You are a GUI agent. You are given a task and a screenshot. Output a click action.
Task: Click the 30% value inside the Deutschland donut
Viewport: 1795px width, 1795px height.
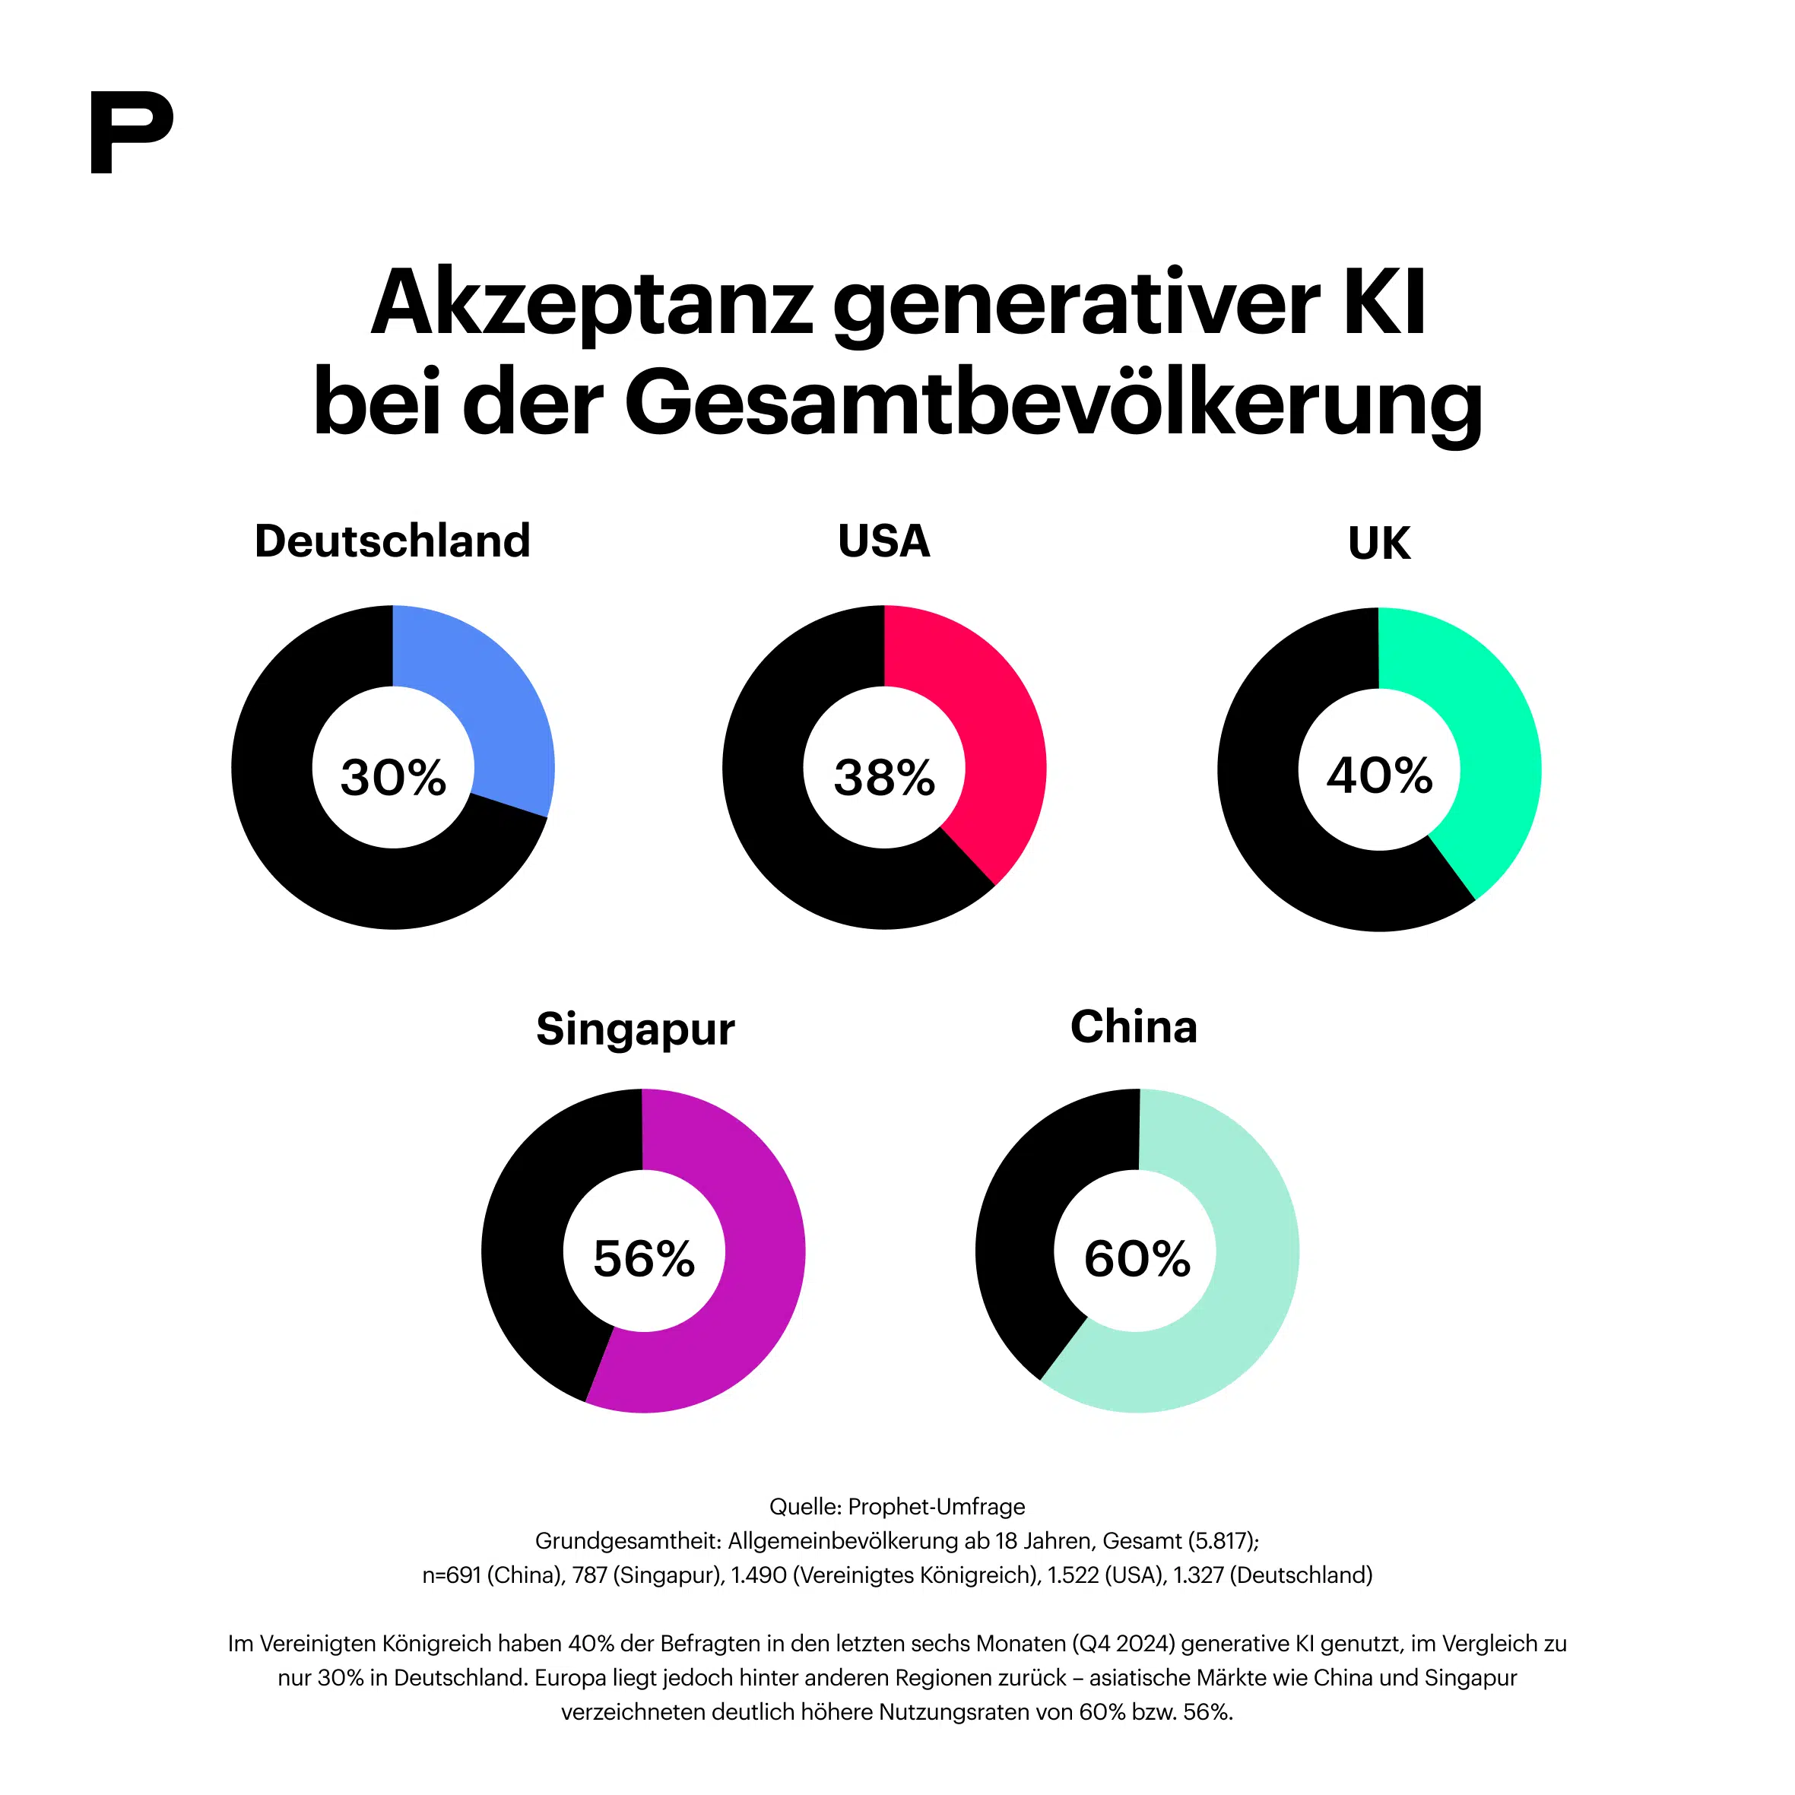tap(393, 778)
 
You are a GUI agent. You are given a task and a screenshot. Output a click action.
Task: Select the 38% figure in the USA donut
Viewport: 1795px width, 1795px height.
tap(883, 778)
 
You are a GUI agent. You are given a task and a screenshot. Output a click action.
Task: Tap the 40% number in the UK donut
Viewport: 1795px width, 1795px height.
tap(1379, 775)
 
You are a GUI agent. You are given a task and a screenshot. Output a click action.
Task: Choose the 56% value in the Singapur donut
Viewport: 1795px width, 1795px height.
tap(644, 1259)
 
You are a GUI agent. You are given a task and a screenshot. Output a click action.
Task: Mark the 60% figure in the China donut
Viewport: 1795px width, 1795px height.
tap(1137, 1259)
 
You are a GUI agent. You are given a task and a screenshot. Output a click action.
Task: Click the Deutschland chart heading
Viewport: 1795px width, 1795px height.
tap(392, 541)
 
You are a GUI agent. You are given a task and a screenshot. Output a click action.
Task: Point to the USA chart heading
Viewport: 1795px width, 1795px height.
tap(883, 541)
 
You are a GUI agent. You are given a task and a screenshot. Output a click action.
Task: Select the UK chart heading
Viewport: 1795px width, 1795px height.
tap(1379, 543)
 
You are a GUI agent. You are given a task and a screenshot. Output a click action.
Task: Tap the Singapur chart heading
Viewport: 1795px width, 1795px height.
tap(636, 1029)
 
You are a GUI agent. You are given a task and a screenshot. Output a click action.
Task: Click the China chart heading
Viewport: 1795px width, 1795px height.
tap(1134, 1026)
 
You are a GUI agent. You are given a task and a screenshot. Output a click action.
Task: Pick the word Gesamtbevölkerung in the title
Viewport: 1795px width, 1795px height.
tap(1053, 402)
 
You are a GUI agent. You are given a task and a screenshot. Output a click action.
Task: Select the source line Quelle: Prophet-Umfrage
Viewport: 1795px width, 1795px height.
tap(896, 1506)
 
